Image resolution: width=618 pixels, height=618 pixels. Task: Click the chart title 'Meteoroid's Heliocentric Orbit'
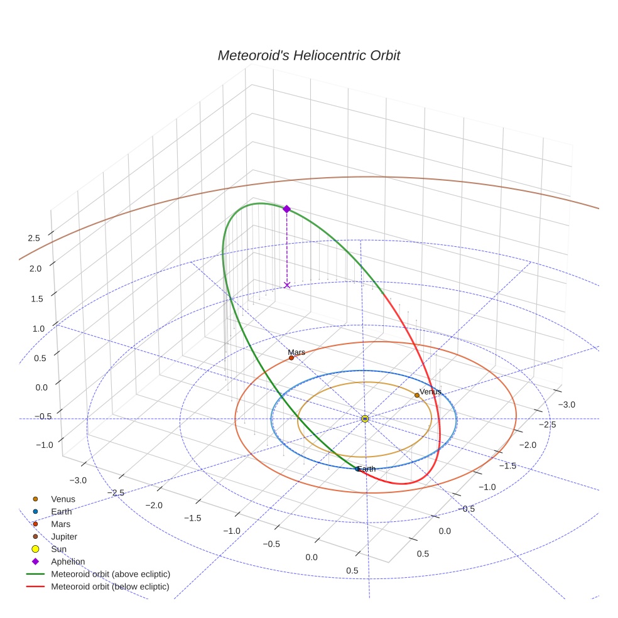pyautogui.click(x=308, y=55)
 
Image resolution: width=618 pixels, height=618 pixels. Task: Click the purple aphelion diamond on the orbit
pyautogui.click(x=286, y=209)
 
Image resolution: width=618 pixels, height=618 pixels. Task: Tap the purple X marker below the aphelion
pyautogui.click(x=287, y=285)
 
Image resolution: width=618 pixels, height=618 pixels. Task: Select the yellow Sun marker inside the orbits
pyautogui.click(x=365, y=418)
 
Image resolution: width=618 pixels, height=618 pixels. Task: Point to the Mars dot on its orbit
pyautogui.click(x=291, y=358)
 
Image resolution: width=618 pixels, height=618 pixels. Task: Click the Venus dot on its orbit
pyautogui.click(x=416, y=395)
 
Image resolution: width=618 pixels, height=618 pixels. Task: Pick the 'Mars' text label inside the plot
pyautogui.click(x=296, y=352)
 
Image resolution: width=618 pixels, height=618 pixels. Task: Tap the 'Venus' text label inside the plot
pyautogui.click(x=430, y=391)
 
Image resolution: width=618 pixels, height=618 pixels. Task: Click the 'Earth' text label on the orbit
pyautogui.click(x=366, y=469)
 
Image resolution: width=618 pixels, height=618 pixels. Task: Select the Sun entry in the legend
pyautogui.click(x=58, y=549)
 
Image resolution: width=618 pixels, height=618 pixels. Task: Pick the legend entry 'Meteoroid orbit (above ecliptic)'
pyautogui.click(x=111, y=574)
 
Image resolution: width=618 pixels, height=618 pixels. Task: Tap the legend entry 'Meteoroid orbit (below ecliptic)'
pyautogui.click(x=111, y=587)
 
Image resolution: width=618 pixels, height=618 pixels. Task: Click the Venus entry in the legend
pyautogui.click(x=63, y=499)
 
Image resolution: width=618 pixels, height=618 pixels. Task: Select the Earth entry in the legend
pyautogui.click(x=61, y=511)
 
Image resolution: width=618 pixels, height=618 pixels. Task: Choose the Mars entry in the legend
pyautogui.click(x=60, y=524)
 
